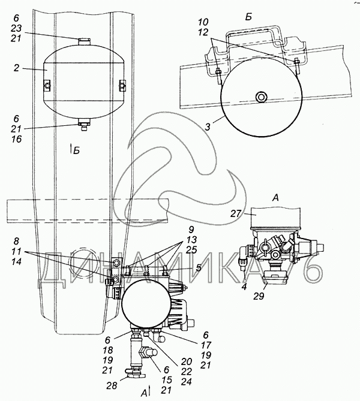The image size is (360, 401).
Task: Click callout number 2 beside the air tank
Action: (x=16, y=68)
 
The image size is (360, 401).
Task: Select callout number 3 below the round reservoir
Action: (x=208, y=127)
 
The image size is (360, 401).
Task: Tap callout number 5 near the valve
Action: (x=199, y=267)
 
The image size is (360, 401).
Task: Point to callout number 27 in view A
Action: (x=236, y=213)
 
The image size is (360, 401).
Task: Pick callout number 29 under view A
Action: (x=259, y=296)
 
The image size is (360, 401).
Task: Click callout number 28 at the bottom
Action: (x=112, y=385)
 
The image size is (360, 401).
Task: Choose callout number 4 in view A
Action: (x=244, y=287)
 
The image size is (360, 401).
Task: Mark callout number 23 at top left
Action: (x=16, y=28)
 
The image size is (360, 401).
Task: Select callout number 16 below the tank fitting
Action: (x=16, y=139)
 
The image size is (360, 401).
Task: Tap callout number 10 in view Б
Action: (x=203, y=22)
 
